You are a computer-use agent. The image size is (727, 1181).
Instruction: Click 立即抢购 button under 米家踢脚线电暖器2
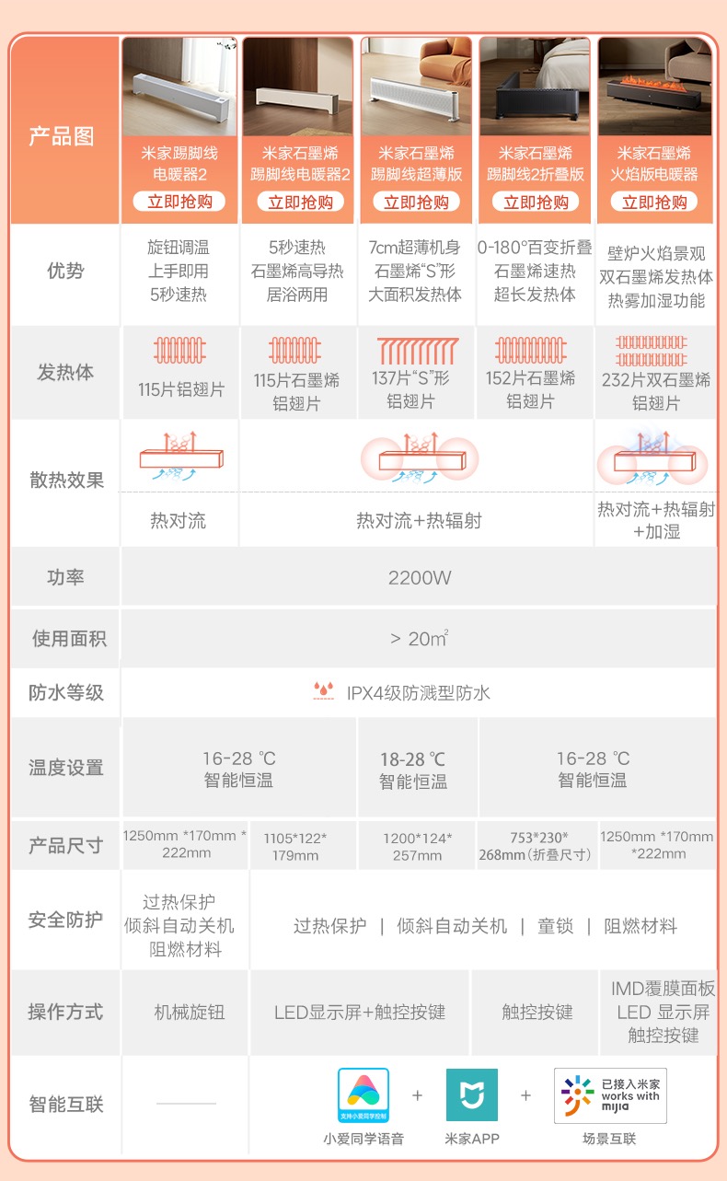coord(179,202)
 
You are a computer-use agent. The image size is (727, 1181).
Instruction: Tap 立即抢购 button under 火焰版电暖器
coord(654,202)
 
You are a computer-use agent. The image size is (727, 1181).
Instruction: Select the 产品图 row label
coord(62,136)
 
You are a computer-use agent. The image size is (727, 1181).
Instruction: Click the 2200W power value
coord(420,578)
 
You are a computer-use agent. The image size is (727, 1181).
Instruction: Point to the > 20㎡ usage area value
coord(420,638)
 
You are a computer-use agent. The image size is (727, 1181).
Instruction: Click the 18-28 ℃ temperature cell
coord(413,770)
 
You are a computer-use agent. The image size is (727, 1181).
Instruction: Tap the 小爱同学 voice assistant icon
coord(363,1095)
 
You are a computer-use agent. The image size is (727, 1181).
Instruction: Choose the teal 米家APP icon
coord(472,1095)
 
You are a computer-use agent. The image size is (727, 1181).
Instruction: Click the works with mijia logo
coord(610,1095)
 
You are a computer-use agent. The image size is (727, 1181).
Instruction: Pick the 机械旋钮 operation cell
coord(190,1012)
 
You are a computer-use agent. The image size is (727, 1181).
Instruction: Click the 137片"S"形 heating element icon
coord(417,352)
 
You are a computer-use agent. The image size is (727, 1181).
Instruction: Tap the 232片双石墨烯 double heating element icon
coord(654,351)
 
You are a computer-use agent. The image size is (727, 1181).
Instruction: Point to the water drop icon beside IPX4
coord(324,691)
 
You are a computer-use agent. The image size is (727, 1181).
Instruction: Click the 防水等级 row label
coord(66,692)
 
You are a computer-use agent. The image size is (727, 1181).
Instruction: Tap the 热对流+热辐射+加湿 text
coord(655,520)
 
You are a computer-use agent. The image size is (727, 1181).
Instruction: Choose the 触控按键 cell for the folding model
coord(537,1012)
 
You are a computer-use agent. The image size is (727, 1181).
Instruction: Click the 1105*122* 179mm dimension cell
coord(295,846)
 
